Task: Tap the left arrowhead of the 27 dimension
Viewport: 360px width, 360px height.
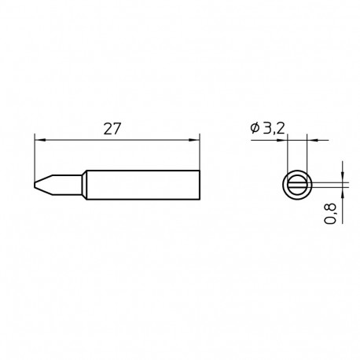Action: tap(39, 140)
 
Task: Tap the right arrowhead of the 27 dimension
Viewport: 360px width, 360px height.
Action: tap(197, 140)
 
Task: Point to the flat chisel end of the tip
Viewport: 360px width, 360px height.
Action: tap(36, 184)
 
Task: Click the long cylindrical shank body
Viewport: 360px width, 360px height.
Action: tap(141, 184)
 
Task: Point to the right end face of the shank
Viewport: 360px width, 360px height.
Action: tap(200, 184)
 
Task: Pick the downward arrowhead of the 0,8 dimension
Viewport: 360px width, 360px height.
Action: tap(343, 178)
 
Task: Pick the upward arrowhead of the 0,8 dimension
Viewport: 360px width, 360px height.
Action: tap(343, 189)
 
